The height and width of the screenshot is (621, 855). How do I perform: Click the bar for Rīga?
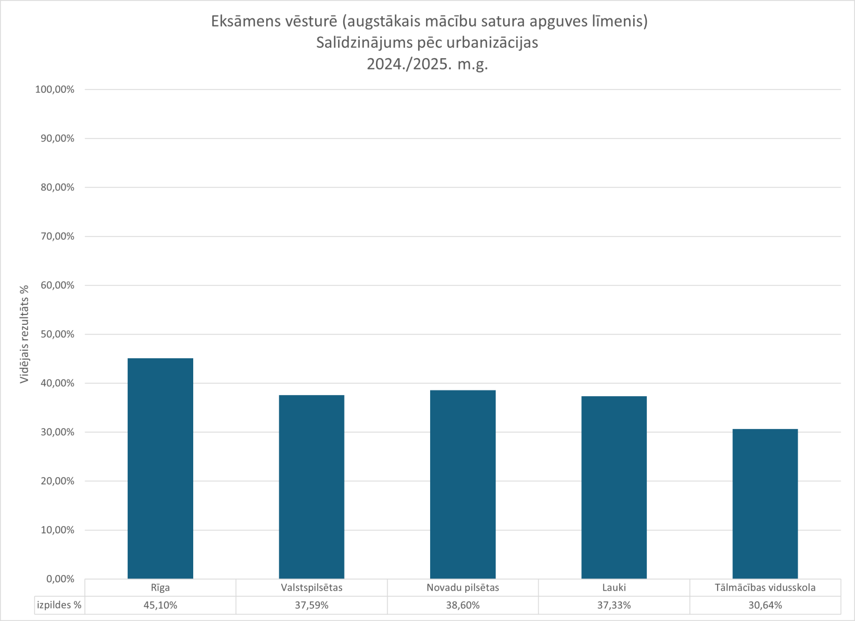coord(160,469)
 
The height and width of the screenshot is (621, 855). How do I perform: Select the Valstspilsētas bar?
coord(312,487)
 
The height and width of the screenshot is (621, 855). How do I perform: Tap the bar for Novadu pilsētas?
coord(463,485)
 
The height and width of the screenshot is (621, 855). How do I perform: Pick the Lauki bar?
coord(614,488)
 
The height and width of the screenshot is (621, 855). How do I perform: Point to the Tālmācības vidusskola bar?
coord(765,504)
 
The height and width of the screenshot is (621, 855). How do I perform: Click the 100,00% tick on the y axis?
coord(55,90)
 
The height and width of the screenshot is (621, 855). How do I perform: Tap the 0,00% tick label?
coord(60,579)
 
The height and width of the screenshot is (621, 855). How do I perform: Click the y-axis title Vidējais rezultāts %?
coord(25,334)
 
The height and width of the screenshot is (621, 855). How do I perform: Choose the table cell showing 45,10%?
coord(160,605)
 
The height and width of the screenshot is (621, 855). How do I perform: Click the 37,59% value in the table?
coord(312,605)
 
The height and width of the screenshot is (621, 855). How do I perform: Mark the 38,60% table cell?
coord(463,605)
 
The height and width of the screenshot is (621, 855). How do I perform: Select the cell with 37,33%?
coord(614,605)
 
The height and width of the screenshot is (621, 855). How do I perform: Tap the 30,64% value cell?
coord(765,605)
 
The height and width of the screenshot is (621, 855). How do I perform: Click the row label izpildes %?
coord(59,605)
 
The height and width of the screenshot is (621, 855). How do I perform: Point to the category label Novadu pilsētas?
coord(463,588)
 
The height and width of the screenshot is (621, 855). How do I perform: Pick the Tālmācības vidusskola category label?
coord(765,588)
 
